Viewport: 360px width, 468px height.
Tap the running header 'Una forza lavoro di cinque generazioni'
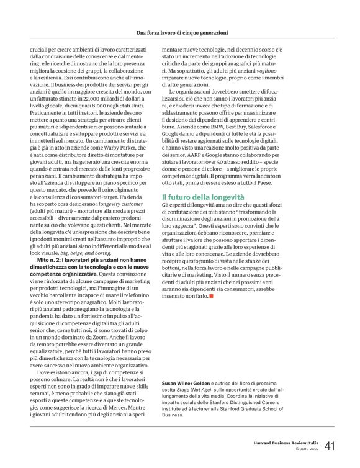pos(180,32)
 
